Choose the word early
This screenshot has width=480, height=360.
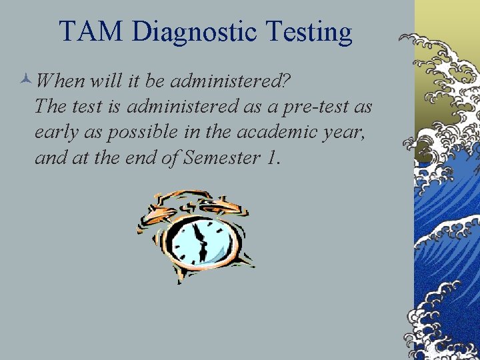57,132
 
